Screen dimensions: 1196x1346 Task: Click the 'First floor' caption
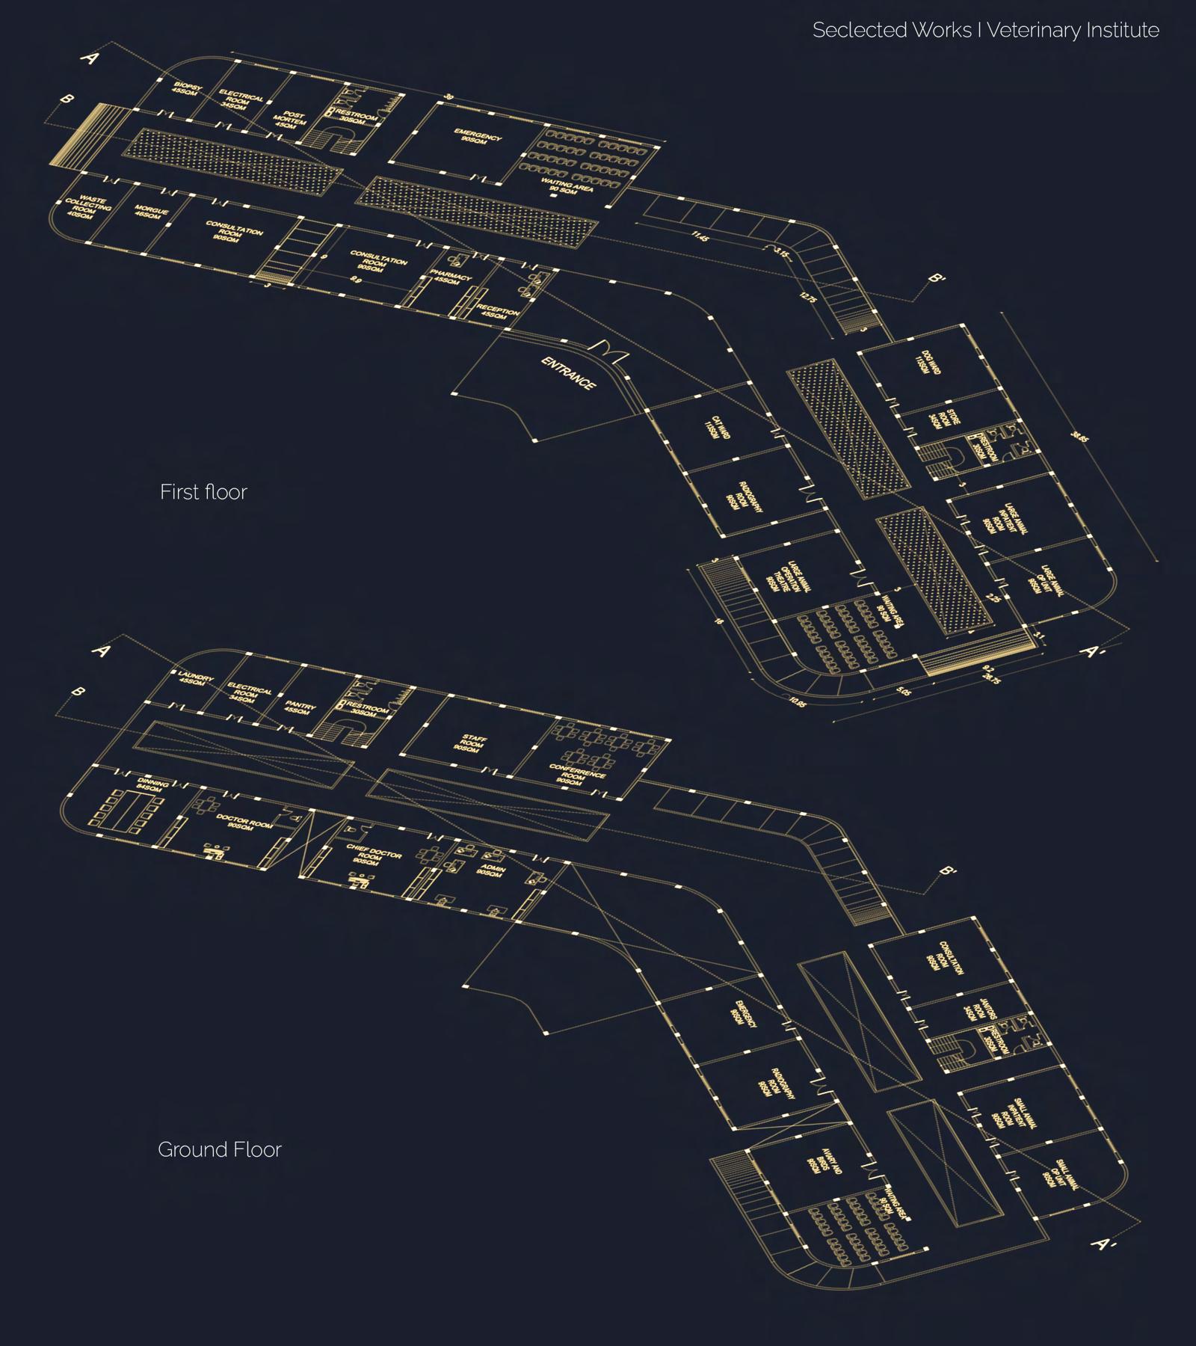[x=203, y=492]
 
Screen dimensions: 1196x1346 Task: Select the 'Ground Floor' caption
[x=219, y=1149]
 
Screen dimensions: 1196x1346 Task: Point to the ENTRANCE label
[x=569, y=373]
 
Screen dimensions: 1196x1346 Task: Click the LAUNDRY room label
[x=196, y=680]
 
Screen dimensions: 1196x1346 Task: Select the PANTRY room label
[x=300, y=707]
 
